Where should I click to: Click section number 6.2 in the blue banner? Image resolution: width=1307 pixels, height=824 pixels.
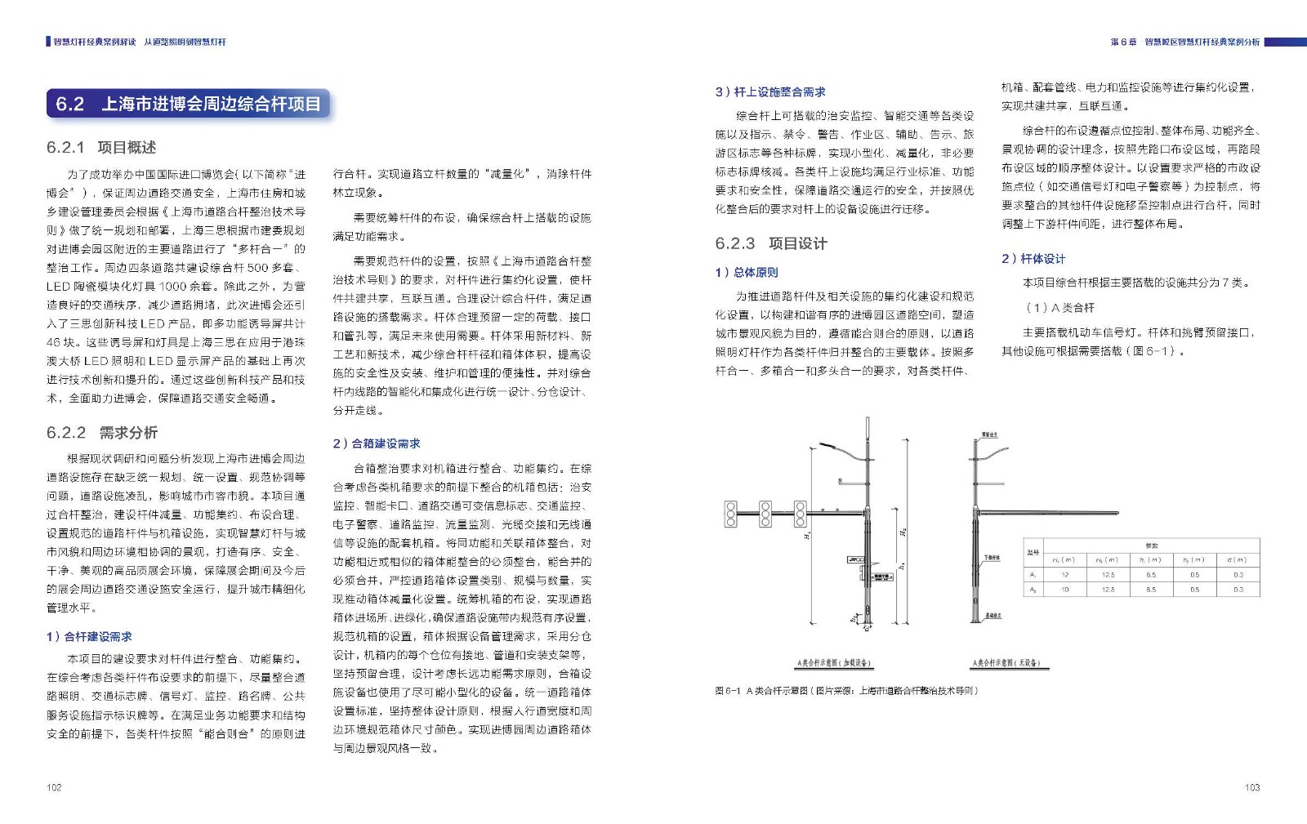70,105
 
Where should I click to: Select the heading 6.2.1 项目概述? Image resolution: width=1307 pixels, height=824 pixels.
101,148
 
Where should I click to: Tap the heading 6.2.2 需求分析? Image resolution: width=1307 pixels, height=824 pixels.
102,433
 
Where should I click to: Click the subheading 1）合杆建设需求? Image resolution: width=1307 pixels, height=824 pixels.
89,637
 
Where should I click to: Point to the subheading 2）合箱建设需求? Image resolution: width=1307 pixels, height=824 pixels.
376,443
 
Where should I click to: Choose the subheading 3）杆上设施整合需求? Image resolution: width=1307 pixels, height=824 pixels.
769,92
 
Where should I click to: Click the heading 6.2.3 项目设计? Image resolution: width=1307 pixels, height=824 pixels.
770,243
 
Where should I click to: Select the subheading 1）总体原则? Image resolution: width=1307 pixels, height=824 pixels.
746,273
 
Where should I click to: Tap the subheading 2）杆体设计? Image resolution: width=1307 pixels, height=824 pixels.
1033,259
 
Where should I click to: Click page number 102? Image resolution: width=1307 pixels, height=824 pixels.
54,787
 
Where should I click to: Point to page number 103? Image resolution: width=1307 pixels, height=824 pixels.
1251,787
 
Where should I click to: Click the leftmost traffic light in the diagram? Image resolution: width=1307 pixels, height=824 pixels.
731,514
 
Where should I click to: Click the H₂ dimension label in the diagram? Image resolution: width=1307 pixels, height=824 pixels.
903,532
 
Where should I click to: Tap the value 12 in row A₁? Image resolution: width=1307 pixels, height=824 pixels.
1064,575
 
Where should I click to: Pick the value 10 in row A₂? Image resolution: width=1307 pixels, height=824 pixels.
1064,589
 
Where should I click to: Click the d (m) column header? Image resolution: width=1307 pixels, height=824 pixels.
1237,560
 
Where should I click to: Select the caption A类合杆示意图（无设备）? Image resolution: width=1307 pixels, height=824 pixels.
1006,663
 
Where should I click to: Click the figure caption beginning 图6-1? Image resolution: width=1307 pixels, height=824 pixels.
845,691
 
